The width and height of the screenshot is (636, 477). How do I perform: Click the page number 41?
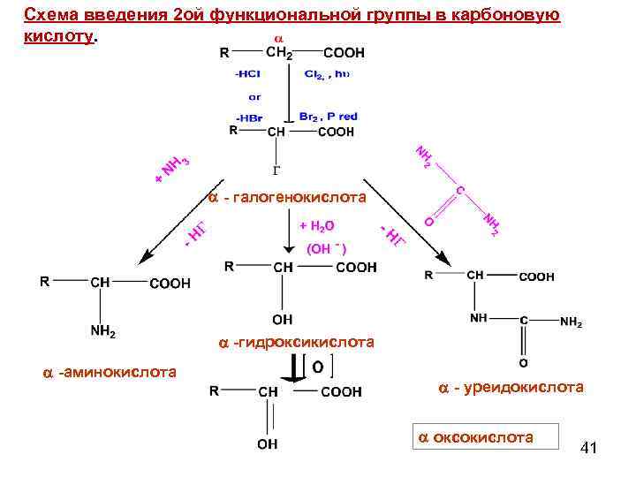[589, 449]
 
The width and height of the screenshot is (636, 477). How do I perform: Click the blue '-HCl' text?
[247, 74]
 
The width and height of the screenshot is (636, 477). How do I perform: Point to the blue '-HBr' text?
[248, 117]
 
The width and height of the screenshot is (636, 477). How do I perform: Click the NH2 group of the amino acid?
[103, 332]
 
